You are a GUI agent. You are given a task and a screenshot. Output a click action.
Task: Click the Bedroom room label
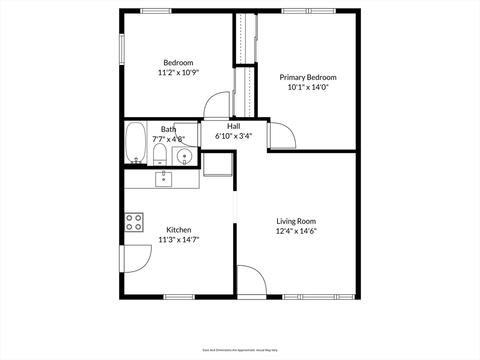tap(178, 63)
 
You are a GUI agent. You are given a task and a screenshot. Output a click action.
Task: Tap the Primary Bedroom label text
tap(308, 77)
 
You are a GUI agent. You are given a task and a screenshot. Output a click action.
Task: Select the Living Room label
tap(296, 221)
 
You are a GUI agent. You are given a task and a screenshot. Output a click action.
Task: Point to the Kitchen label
tap(179, 230)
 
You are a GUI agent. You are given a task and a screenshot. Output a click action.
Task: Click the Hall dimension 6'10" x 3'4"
tap(233, 136)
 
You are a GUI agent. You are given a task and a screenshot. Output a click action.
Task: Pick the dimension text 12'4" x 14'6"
tap(296, 231)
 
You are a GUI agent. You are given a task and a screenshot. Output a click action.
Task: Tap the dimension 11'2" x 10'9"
tap(179, 73)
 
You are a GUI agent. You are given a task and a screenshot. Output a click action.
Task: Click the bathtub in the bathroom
tap(135, 143)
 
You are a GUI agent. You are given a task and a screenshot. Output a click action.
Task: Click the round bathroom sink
tap(185, 156)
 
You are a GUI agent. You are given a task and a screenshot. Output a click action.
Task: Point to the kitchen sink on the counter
tap(164, 179)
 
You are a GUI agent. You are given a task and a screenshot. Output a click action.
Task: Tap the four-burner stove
tap(134, 222)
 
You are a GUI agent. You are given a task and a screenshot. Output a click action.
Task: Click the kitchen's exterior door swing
tap(136, 259)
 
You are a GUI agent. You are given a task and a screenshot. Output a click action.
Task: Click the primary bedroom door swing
tap(281, 135)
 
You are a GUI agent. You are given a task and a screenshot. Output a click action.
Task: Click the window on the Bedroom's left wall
tap(121, 49)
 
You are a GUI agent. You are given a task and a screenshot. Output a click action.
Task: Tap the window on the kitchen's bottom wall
tap(179, 297)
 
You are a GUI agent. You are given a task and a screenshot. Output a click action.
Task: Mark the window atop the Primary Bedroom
tap(308, 11)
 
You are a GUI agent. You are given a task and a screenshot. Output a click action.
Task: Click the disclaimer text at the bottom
tap(240, 350)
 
